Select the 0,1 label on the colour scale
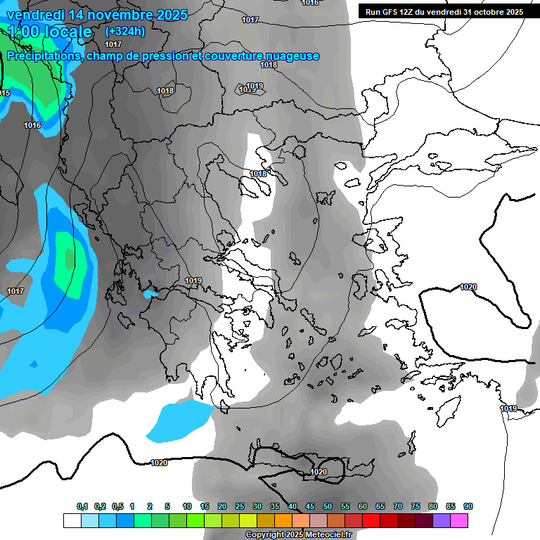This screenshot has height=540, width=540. click(x=82, y=506)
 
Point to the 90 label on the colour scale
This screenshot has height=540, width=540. click(x=468, y=506)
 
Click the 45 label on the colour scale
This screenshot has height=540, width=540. click(x=310, y=506)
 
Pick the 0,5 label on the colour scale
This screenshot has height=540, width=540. click(x=117, y=506)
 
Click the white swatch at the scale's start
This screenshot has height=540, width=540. click(x=72, y=520)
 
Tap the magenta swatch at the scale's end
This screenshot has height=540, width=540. click(x=459, y=520)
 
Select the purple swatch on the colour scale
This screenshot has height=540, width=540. click(x=442, y=520)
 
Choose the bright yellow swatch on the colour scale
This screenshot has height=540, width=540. click(x=247, y=520)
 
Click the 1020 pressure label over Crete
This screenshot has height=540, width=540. click(x=319, y=472)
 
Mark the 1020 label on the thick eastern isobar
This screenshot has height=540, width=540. click(x=468, y=287)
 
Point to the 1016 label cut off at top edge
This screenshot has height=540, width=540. click(x=310, y=3)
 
